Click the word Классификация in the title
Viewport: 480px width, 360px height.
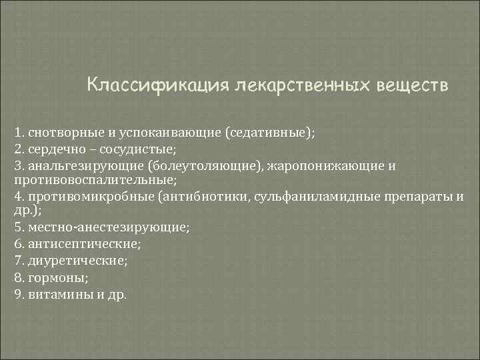click(157, 86)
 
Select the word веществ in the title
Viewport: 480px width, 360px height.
click(413, 86)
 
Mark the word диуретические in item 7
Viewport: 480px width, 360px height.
click(71, 259)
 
